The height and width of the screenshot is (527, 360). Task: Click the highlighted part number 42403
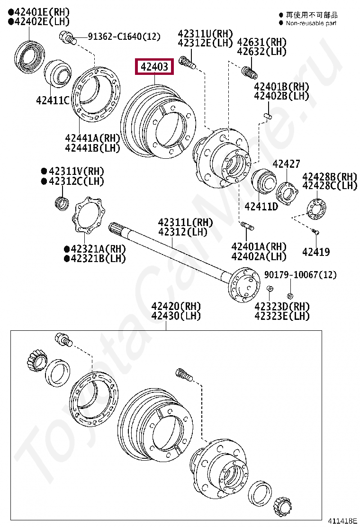pyautogui.click(x=155, y=67)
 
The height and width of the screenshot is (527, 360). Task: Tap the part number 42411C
pyautogui.click(x=53, y=100)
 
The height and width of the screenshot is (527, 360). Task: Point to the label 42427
pyautogui.click(x=286, y=164)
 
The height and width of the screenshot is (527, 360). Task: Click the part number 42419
pyautogui.click(x=316, y=252)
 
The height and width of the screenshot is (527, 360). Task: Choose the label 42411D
pyautogui.click(x=261, y=206)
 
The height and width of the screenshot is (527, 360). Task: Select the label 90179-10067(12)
pyautogui.click(x=300, y=275)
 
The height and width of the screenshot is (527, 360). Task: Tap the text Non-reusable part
pyautogui.click(x=311, y=23)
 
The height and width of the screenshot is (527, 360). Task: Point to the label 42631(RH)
pyautogui.click(x=262, y=42)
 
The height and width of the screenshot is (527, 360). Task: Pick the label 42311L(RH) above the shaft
pyautogui.click(x=185, y=222)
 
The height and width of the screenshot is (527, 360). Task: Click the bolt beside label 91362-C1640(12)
pyautogui.click(x=67, y=36)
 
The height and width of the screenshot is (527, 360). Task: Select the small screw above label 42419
pyautogui.click(x=315, y=231)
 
